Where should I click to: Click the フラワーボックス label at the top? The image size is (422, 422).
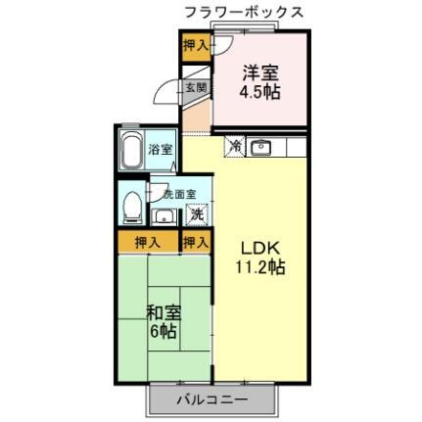(x=242, y=13)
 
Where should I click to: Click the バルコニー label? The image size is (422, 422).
(x=212, y=399)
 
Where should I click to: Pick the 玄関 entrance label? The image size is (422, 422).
(x=195, y=87)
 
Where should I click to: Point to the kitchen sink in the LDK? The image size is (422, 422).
(x=260, y=148)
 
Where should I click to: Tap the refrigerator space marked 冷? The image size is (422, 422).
(x=235, y=147)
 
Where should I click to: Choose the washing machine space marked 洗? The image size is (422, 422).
(x=196, y=214)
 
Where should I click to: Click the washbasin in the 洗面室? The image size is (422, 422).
(x=164, y=215)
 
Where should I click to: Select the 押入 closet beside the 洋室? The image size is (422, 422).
(x=196, y=45)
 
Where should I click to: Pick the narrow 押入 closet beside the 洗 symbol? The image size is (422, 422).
(x=196, y=241)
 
